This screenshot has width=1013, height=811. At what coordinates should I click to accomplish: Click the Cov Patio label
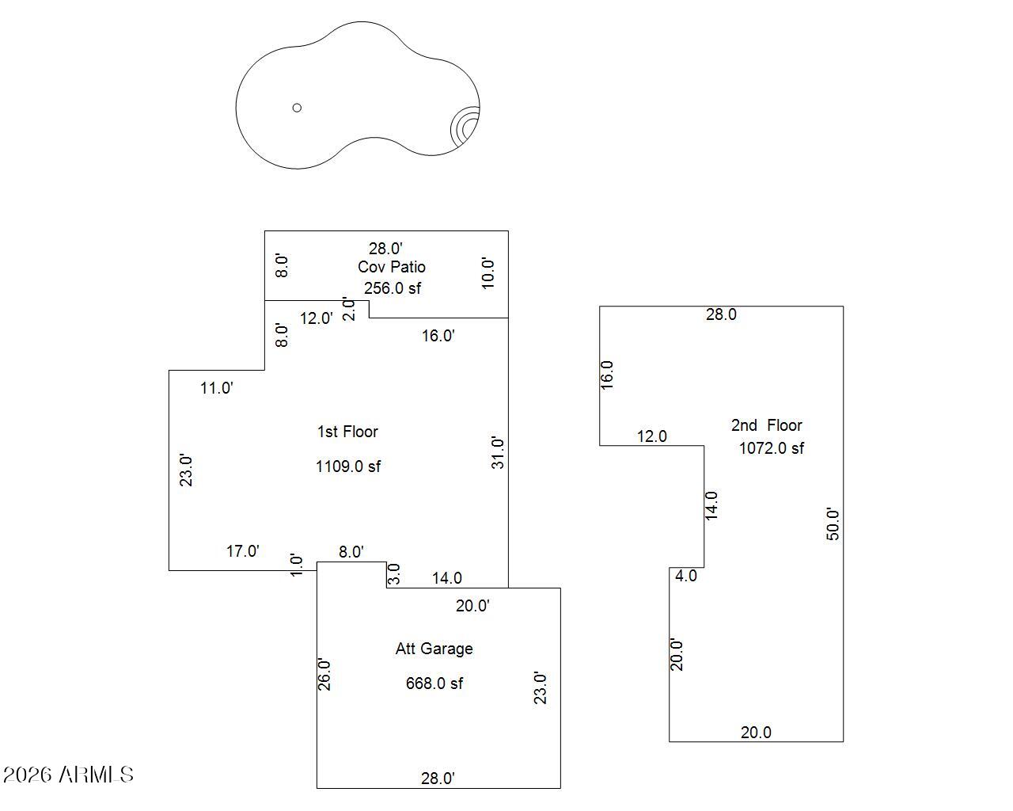pos(391,267)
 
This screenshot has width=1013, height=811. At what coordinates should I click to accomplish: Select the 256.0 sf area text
pos(392,288)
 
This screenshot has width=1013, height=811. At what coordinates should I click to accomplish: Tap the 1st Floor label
pos(347,432)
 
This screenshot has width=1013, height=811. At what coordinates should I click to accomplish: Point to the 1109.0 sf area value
pos(347,466)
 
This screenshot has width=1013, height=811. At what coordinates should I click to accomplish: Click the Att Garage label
pos(434,649)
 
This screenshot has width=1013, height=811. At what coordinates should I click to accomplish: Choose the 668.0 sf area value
pos(434,683)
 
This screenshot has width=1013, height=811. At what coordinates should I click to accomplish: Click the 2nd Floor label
pos(766,425)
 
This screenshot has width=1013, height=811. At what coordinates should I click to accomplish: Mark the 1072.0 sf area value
pos(771,448)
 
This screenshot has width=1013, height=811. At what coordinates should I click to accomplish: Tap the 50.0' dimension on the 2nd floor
pos(833,524)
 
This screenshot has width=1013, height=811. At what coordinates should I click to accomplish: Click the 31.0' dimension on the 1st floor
pos(498,452)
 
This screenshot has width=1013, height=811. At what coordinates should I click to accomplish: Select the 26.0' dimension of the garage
pos(324,674)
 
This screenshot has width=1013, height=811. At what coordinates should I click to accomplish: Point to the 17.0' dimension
pos(242,551)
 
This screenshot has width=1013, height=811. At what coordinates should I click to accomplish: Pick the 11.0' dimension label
pos(216,388)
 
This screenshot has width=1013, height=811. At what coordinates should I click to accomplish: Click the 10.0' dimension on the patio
pos(489,273)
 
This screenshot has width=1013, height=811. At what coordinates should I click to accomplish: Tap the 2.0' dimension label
pos(349,309)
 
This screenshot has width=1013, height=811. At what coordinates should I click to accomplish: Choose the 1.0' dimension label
pos(297,565)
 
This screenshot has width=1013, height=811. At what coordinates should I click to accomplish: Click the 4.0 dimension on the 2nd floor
pos(685,576)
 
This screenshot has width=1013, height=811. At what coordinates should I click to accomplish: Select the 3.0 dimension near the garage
pos(394,573)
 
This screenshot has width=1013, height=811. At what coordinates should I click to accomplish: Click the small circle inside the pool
pos(297,108)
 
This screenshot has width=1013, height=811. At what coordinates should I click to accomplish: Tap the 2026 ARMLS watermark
pos(68,774)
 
